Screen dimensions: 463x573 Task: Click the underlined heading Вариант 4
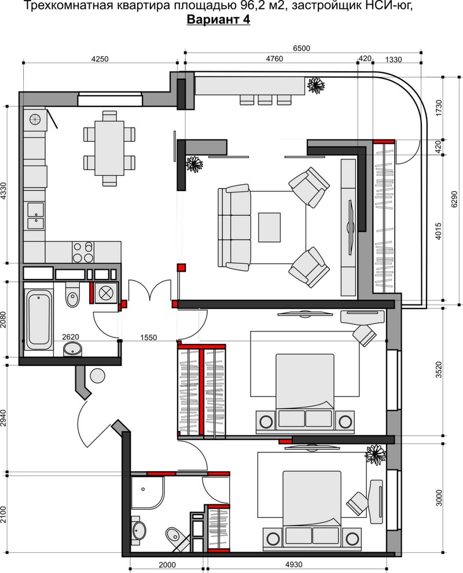click(218, 19)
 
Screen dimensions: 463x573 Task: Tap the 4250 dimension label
click(100, 59)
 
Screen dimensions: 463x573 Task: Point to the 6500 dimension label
click(302, 48)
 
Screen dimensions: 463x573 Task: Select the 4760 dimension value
click(274, 59)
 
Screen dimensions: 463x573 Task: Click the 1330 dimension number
click(394, 60)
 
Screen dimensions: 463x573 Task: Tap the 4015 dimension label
click(439, 231)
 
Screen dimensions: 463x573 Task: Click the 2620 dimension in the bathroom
click(71, 337)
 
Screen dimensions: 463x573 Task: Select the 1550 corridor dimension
click(149, 337)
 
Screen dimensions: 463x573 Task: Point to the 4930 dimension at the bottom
click(294, 564)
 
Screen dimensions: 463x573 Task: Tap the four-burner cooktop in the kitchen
click(83, 252)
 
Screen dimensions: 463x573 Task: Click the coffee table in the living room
click(269, 227)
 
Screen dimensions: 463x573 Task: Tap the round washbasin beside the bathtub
click(73, 350)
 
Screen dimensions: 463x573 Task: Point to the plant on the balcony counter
click(316, 85)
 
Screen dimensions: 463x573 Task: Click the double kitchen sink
click(36, 216)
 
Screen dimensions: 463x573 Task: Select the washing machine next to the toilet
click(105, 293)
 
